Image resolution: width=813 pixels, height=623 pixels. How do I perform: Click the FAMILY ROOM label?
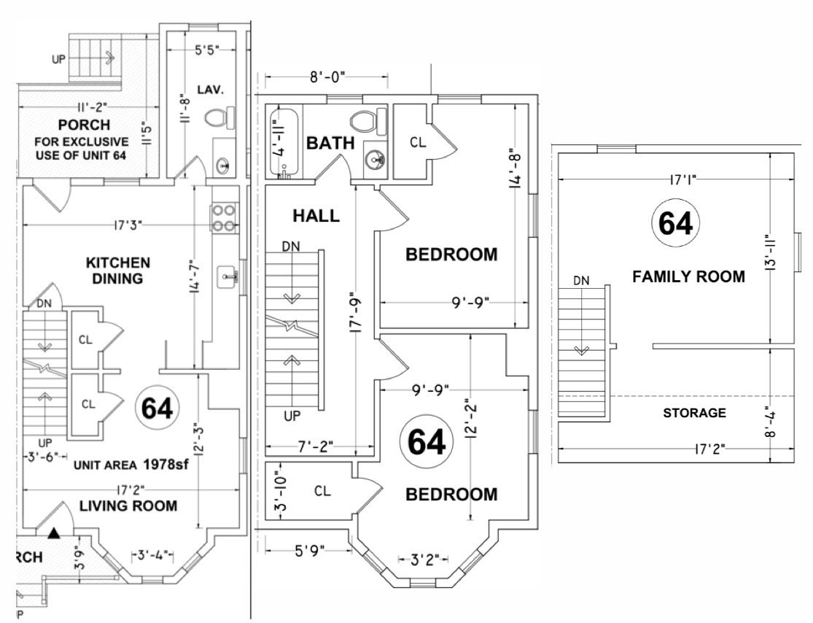[x=688, y=276]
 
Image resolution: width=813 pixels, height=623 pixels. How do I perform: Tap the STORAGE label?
[x=694, y=413]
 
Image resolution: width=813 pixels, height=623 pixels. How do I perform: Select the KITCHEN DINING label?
[x=118, y=270]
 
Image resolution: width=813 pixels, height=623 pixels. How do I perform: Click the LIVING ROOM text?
[x=128, y=506]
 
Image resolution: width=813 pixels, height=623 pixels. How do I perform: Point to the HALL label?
[x=316, y=216]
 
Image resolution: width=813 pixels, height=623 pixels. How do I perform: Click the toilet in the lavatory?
[x=219, y=117]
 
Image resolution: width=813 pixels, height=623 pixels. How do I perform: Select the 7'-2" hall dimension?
[x=315, y=446]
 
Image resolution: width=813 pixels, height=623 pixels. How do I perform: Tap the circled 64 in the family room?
[x=674, y=223]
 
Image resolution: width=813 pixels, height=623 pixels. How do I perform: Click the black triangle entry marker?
[x=54, y=535]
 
